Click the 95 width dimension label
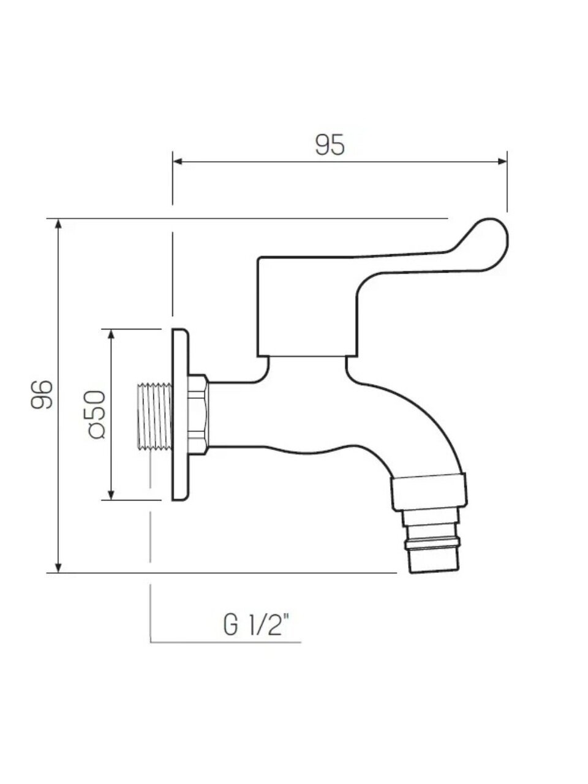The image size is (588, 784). tap(330, 145)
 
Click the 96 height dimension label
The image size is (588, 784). tap(42, 394)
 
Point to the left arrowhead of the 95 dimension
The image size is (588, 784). tap(178, 162)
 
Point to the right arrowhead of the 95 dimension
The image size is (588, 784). tap(502, 162)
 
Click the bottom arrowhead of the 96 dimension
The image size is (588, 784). tap(59, 568)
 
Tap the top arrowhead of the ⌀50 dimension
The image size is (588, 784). tap(111, 334)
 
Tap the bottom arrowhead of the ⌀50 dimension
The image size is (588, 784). tap(111, 495)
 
